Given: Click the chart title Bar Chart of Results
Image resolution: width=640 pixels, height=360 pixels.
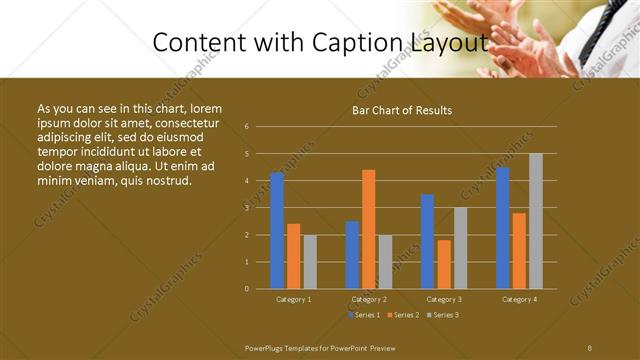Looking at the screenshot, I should click(402, 110).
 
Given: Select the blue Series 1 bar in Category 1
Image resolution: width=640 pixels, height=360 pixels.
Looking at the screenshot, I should click(277, 230).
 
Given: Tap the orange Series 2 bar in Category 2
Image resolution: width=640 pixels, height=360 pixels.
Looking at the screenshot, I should click(369, 229).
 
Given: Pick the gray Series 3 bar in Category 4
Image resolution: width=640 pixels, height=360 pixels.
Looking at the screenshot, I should click(536, 221).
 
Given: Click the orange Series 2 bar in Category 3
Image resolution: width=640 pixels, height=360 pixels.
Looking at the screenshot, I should click(444, 264).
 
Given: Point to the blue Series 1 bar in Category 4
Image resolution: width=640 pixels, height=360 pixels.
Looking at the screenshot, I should click(503, 228).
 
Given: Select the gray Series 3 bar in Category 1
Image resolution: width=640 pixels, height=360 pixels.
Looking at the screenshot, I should click(310, 261).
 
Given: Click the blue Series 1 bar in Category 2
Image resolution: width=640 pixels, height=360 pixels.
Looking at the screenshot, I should click(352, 255).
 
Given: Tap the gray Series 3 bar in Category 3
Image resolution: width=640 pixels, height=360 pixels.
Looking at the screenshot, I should click(460, 248).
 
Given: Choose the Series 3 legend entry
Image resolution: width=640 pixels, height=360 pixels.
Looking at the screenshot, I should click(443, 315).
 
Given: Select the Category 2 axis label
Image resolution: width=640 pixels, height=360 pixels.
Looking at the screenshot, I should click(370, 299).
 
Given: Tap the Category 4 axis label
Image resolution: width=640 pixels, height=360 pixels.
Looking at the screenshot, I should click(520, 299).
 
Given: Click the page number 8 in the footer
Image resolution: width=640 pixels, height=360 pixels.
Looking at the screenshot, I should click(589, 347).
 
